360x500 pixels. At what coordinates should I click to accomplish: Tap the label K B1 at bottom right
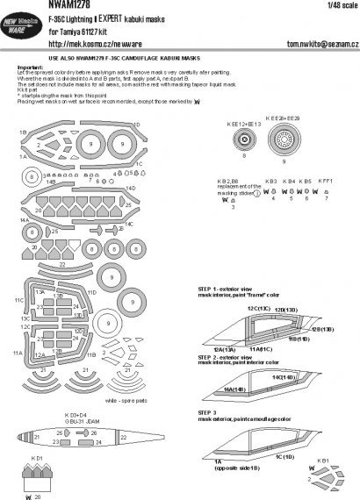[322, 460]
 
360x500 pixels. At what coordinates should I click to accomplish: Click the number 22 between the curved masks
[62, 264]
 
